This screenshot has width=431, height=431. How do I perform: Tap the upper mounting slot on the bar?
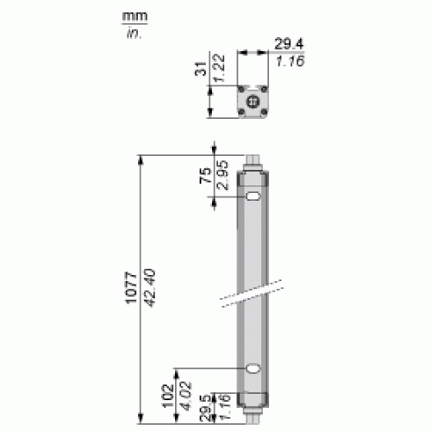point(255,199)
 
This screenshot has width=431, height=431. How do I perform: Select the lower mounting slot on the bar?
point(255,370)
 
